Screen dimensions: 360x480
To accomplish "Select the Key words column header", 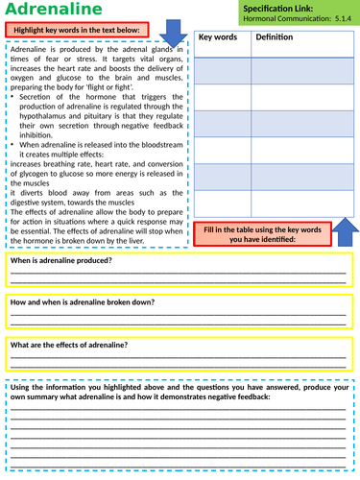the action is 219,36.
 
